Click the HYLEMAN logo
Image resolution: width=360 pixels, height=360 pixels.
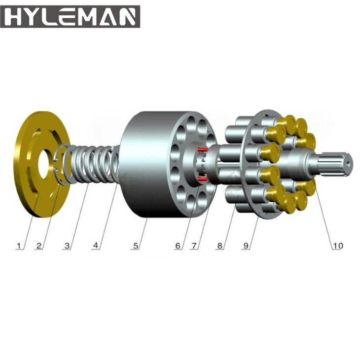coord(70,17)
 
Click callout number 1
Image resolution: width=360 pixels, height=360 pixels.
coord(18,246)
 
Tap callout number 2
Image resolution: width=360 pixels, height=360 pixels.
coord(39,246)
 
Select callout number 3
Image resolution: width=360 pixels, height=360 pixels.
coord(67,246)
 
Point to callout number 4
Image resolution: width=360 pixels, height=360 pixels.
coord(96,246)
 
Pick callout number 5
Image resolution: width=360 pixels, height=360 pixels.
coord(136,246)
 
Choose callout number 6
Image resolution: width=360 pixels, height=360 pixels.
coord(178,246)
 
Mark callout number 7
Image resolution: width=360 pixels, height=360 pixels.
coord(194,246)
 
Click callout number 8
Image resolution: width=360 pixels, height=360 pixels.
coord(220,246)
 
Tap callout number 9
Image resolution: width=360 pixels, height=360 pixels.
coord(246,246)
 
